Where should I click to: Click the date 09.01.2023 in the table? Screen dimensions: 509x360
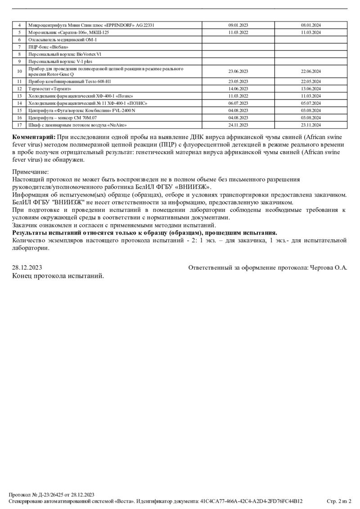238,25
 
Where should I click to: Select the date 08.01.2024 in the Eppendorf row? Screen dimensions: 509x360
310,25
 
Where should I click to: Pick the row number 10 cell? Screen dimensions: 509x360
19,71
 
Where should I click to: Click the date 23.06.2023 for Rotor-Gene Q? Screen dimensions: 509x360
238,71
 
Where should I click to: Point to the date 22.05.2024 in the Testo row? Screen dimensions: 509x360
310,81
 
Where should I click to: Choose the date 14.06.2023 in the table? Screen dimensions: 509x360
238,89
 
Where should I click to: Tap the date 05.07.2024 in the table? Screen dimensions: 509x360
310,103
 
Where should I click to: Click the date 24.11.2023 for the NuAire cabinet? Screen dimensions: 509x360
238,125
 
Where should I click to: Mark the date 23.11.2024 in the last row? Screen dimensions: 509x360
310,125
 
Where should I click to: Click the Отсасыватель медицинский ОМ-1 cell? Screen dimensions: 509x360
62,40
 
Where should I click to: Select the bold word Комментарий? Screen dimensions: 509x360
34,137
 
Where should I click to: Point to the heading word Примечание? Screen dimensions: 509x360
31,172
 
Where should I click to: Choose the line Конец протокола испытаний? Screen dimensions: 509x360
58,276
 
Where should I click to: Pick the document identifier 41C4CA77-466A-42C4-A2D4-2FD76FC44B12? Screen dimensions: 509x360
251,501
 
